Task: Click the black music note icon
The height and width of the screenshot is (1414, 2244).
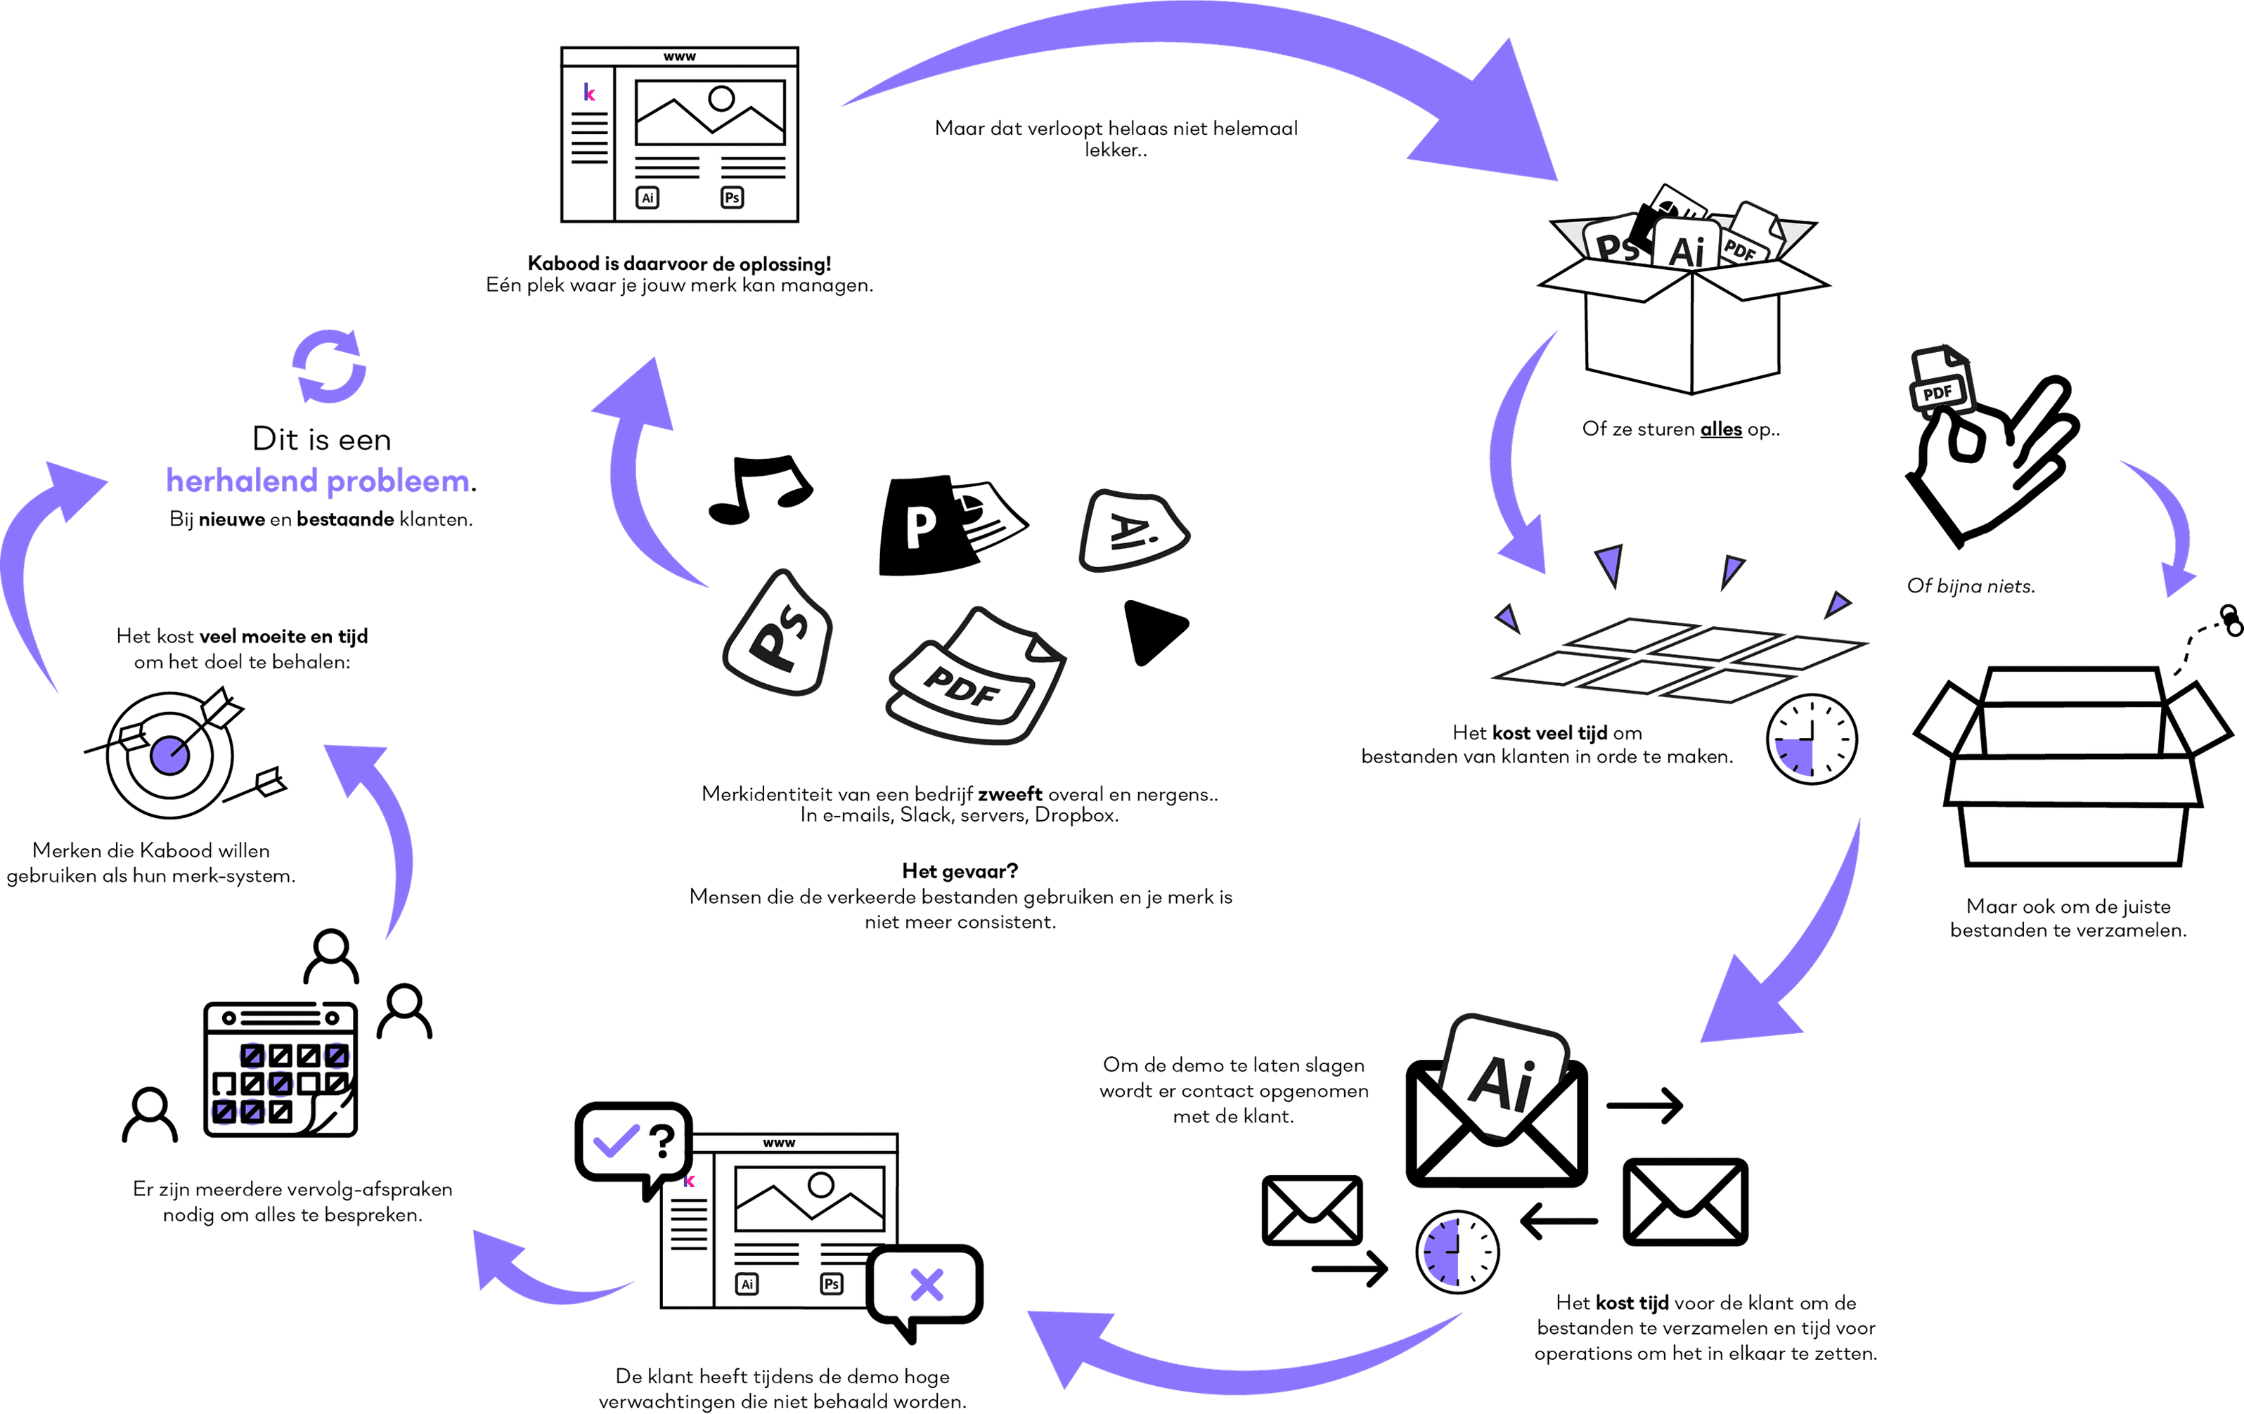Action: [x=759, y=489]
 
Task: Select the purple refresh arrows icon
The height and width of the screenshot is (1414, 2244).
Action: [x=329, y=366]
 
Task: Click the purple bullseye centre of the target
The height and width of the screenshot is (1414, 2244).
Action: [x=169, y=755]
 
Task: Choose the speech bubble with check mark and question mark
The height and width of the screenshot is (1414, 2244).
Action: [x=633, y=1142]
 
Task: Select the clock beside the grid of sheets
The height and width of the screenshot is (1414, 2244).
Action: [x=1811, y=739]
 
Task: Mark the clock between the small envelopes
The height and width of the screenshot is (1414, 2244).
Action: [x=1457, y=1252]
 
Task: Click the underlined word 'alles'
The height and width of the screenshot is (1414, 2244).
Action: [x=1720, y=429]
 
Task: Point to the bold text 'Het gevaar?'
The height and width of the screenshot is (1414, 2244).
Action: [x=959, y=871]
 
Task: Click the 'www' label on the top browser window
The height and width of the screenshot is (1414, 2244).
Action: [x=679, y=57]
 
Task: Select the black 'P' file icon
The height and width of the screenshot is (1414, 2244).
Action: [x=922, y=526]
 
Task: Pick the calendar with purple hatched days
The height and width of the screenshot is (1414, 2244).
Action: [x=280, y=1070]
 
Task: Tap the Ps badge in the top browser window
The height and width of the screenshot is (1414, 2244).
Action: [x=733, y=197]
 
